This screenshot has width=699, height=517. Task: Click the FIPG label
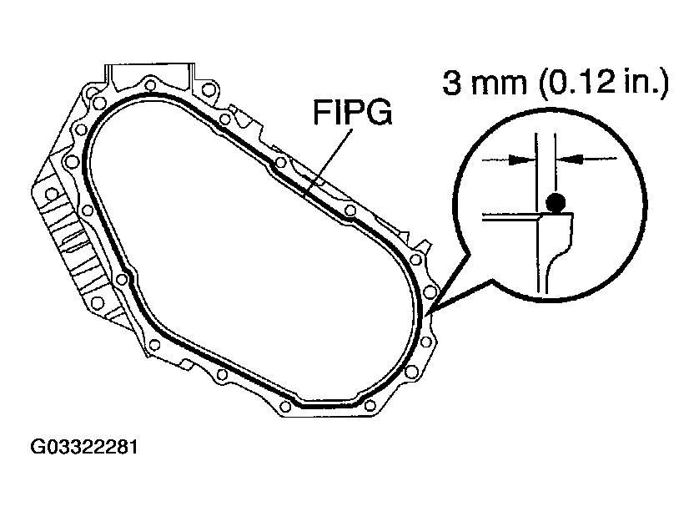(352, 114)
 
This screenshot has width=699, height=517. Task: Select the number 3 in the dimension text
(452, 84)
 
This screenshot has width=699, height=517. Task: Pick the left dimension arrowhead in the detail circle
(521, 157)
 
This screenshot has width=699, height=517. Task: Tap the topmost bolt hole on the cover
(150, 84)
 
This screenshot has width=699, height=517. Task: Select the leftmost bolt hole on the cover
(52, 195)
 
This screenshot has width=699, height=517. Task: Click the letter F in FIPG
(323, 114)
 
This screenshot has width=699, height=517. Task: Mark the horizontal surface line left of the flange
(509, 215)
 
